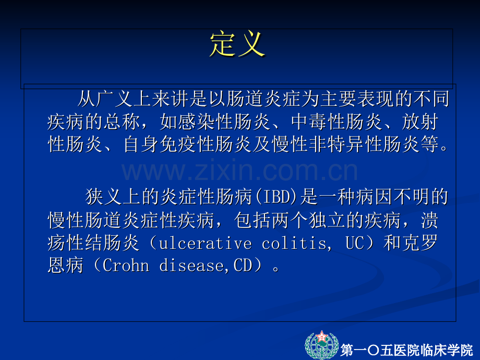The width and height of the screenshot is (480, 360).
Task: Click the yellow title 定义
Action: click(237, 44)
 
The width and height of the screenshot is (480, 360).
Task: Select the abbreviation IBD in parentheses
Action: click(277, 197)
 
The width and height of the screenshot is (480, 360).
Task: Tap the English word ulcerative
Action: click(206, 243)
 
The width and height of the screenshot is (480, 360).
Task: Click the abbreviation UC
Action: click(355, 243)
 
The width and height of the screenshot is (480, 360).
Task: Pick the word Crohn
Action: click(126, 266)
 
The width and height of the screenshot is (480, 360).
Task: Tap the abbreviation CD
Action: click(243, 266)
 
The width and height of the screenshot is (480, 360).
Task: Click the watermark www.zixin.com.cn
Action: click(239, 171)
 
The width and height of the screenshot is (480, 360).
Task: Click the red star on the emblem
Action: click(322, 337)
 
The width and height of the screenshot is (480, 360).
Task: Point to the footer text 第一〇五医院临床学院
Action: click(407, 350)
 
